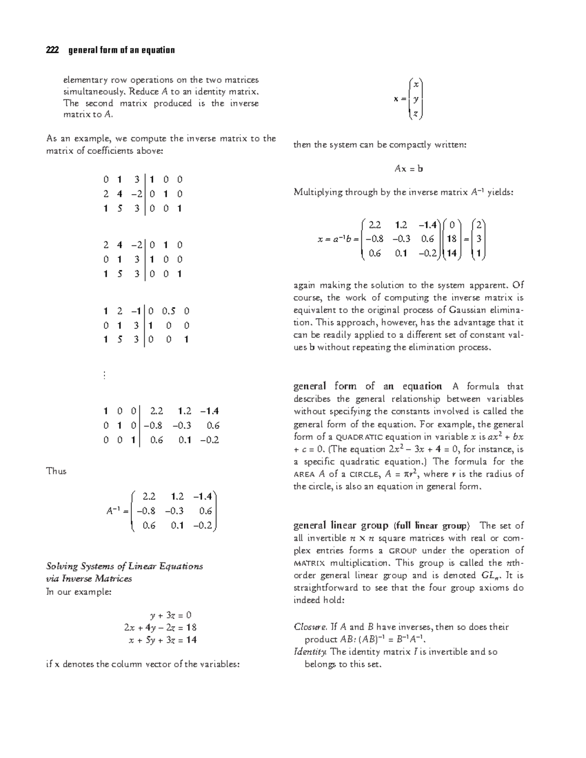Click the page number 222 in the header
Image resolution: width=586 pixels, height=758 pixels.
click(52, 50)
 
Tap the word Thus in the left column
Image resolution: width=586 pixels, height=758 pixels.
click(56, 471)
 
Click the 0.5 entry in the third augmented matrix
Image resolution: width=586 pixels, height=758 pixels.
click(168, 311)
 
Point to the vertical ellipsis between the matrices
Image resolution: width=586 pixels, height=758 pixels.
click(105, 375)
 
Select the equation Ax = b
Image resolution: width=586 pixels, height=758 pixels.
click(408, 169)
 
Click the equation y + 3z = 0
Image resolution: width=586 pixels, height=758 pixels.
click(170, 615)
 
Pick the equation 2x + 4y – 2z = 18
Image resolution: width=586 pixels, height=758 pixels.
click(160, 628)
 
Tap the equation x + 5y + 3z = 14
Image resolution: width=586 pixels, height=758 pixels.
click(163, 640)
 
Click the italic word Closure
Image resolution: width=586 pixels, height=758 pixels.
click(310, 627)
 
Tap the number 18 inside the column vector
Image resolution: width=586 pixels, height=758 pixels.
click(452, 239)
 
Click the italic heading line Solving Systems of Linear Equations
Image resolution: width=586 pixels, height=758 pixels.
click(125, 566)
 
